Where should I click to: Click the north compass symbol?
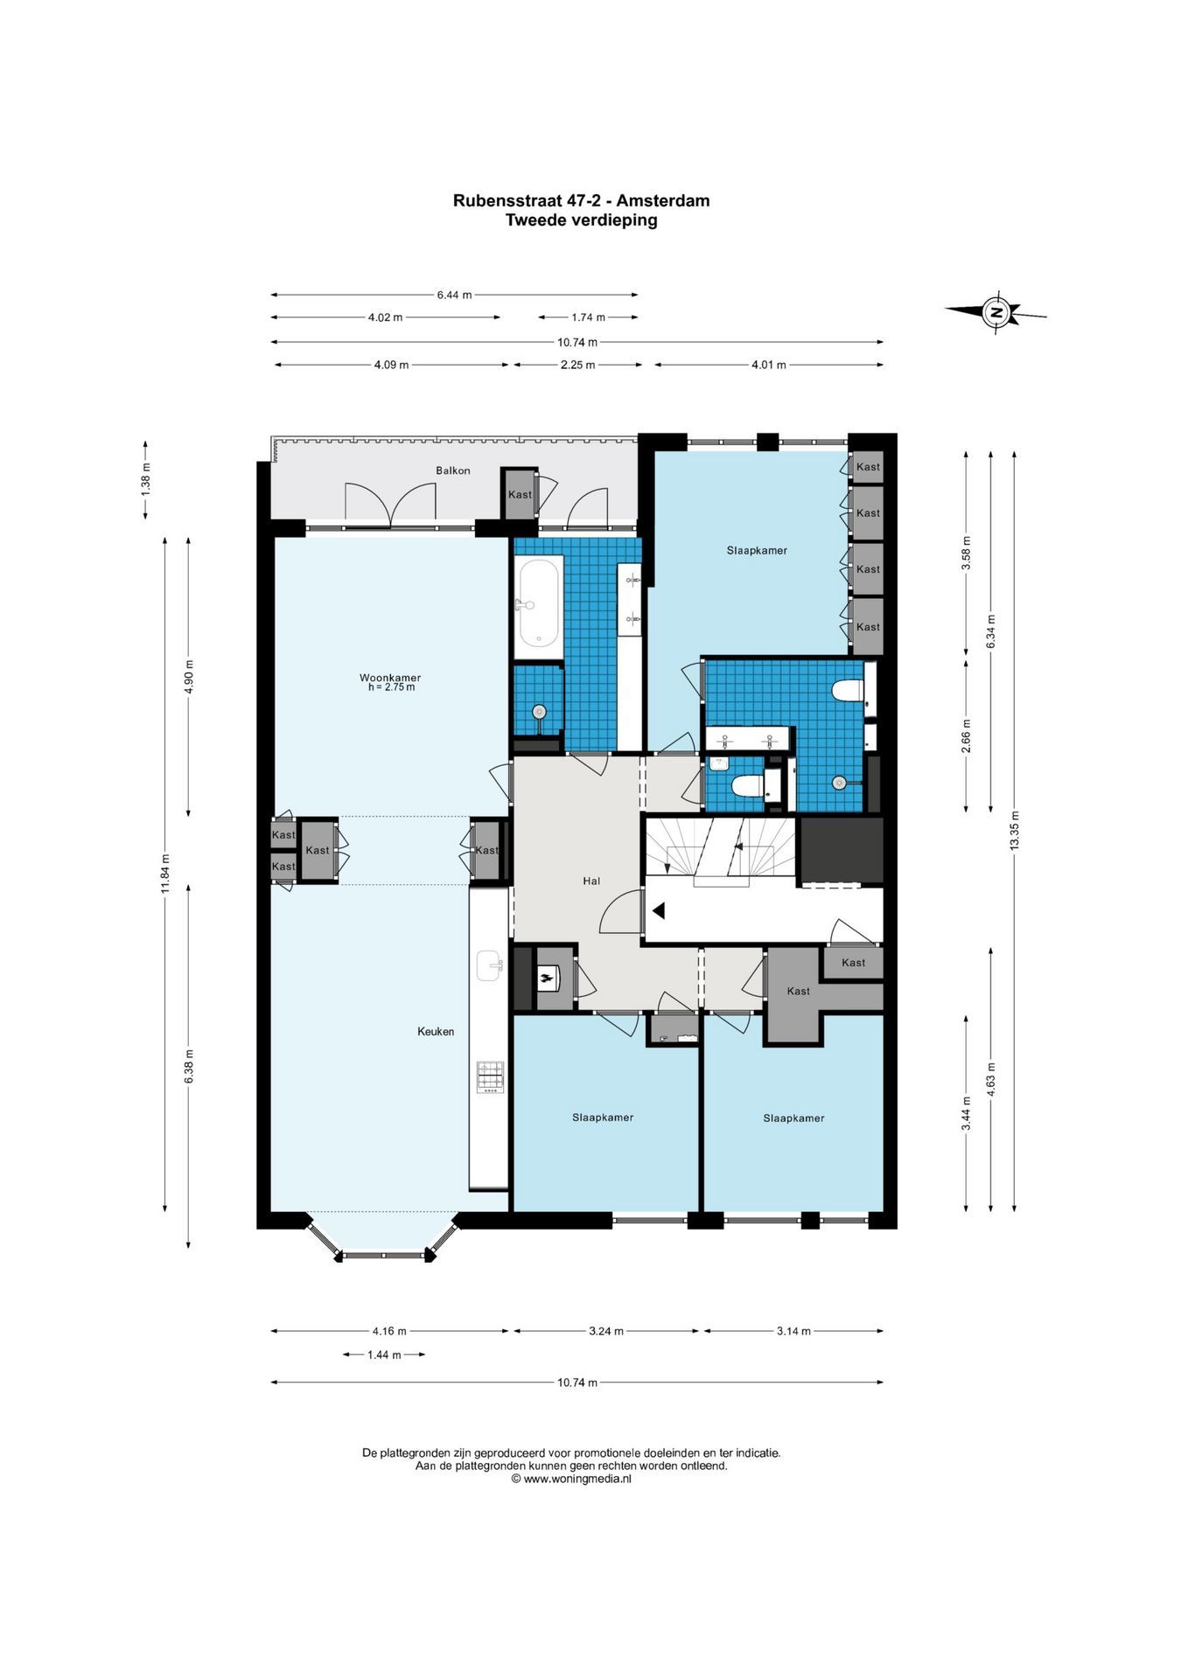[x=996, y=312]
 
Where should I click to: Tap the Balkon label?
[x=453, y=470]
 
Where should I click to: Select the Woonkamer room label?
[x=390, y=678]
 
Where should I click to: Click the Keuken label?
[x=436, y=1031]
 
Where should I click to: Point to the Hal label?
[x=591, y=881]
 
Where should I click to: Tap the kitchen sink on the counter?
[x=490, y=966]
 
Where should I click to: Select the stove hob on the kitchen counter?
[x=490, y=1076]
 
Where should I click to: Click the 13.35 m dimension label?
[x=1014, y=831]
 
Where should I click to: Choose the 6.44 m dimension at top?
[x=454, y=295]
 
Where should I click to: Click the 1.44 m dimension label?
[x=384, y=1355]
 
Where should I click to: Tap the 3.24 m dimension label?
[x=606, y=1331]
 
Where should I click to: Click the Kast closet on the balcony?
[x=520, y=495]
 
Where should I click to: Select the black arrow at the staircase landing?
[x=658, y=911]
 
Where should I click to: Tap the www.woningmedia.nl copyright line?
[x=571, y=1478]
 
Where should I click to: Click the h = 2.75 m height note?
[x=391, y=687]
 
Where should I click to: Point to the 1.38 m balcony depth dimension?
[x=145, y=479]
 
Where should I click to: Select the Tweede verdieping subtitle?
[x=581, y=220]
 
